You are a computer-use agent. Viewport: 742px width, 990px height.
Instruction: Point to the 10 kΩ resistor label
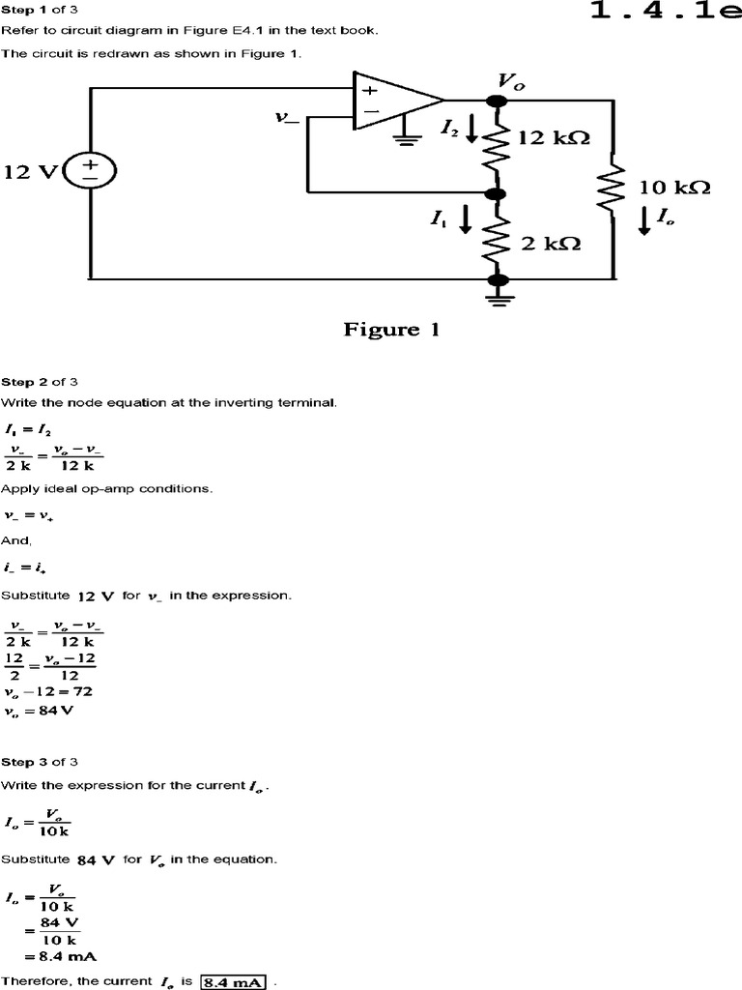[x=674, y=188]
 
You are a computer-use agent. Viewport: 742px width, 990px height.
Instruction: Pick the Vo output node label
[x=511, y=80]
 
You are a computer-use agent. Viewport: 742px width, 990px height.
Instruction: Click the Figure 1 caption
[x=391, y=330]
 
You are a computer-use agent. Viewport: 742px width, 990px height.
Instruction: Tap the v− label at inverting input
[x=287, y=118]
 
